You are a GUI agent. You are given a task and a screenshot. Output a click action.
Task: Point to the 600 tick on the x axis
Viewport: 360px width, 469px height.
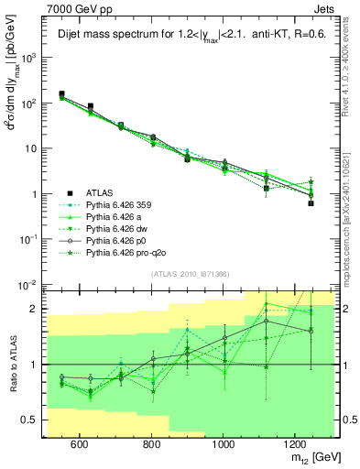coord(79,444)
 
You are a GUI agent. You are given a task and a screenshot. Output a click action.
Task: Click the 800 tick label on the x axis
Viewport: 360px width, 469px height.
coord(151,444)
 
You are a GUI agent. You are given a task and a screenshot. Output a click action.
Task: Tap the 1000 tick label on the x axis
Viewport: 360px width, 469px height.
coord(224,444)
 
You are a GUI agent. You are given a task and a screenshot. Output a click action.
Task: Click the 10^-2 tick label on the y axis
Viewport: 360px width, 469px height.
coord(27,285)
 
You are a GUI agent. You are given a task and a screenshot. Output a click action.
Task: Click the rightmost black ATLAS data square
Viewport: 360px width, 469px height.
coord(311,203)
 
